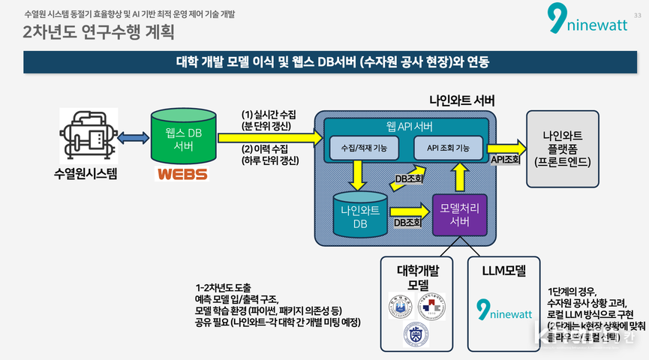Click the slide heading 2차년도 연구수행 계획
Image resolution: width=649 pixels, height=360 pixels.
tap(98, 32)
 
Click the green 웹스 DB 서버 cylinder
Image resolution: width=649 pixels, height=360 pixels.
tap(184, 137)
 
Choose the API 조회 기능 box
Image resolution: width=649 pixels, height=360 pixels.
tap(448, 148)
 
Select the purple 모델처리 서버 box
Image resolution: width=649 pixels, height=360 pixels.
tap(459, 213)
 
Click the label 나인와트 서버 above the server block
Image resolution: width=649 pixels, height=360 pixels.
tap(461, 100)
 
